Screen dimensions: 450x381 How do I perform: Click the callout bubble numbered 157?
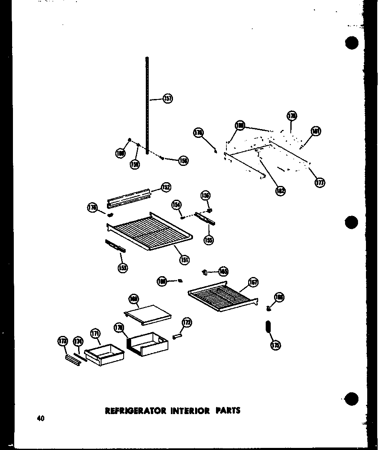click(168, 99)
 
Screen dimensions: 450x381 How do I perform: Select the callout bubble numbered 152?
click(166, 187)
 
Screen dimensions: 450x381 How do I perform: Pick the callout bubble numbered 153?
click(123, 267)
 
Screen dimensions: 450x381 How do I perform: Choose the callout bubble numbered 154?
click(176, 205)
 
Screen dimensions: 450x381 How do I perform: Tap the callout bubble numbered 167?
click(253, 283)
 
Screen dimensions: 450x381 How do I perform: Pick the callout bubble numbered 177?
click(320, 183)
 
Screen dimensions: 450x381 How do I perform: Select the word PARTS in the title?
click(228, 410)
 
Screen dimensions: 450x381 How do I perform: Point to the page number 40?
click(40, 418)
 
